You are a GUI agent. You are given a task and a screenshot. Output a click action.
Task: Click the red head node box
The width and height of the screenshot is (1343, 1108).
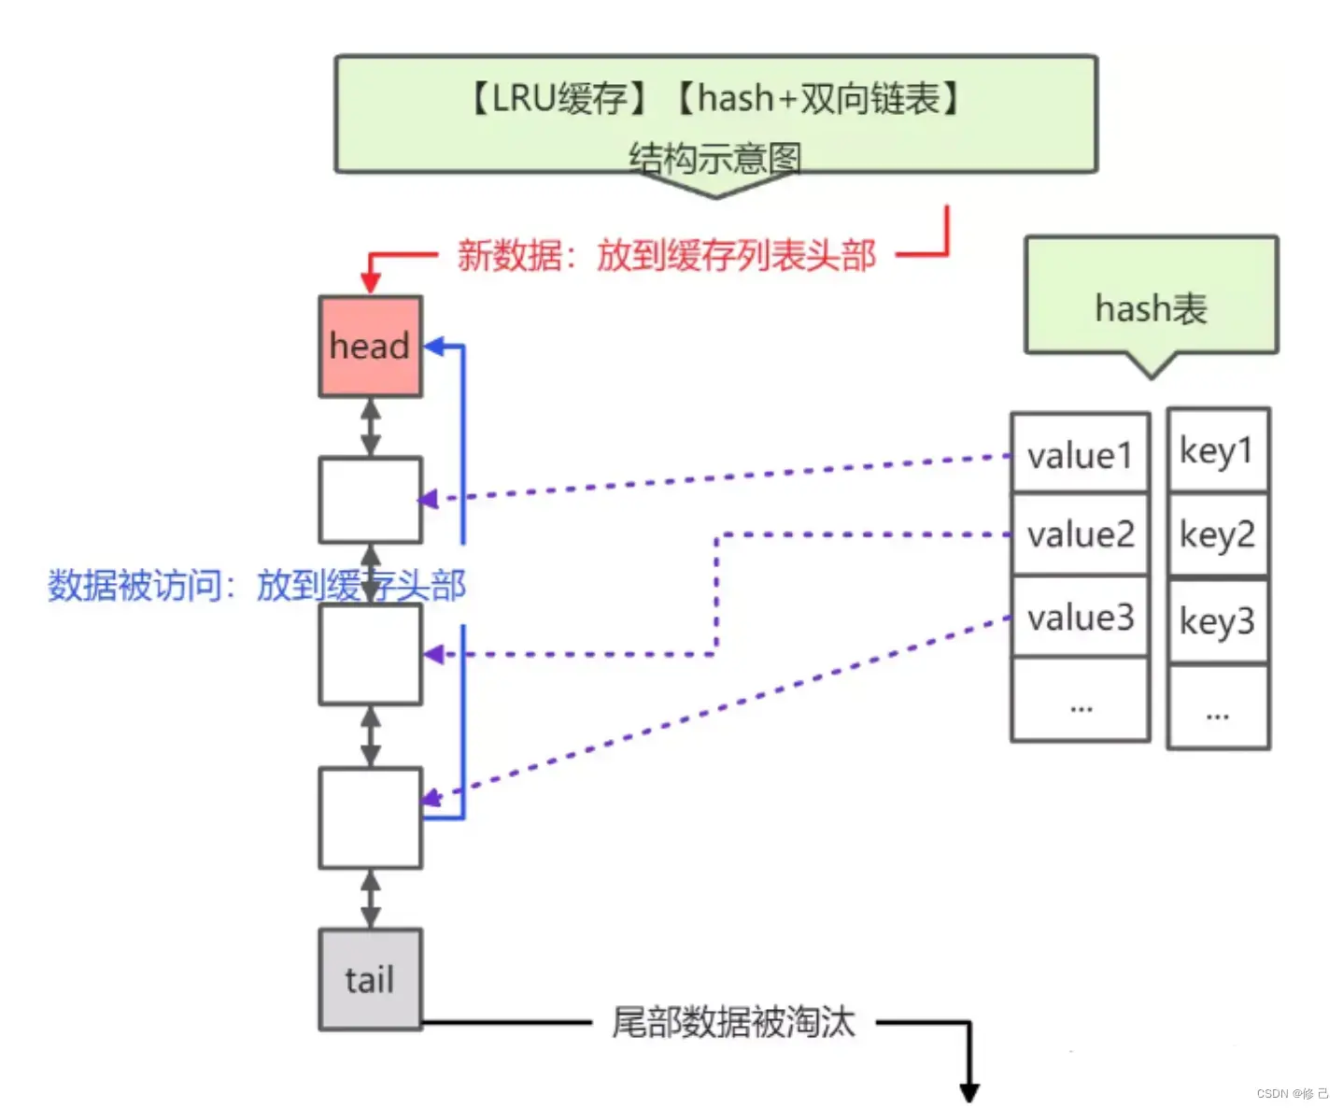[x=370, y=346]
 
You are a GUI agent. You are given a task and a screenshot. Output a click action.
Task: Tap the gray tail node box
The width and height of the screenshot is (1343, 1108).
[x=370, y=979]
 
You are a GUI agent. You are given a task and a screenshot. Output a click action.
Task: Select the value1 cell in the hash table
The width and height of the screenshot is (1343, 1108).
[x=1080, y=453]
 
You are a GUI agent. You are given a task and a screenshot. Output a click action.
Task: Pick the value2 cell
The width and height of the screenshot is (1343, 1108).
[x=1080, y=534]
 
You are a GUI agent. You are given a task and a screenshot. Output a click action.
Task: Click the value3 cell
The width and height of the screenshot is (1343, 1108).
[x=1080, y=617]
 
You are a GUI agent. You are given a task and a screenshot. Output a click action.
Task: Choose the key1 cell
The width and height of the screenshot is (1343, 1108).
[x=1218, y=449]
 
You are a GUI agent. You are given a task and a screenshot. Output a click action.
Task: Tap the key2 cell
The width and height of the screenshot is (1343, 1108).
[x=1218, y=534]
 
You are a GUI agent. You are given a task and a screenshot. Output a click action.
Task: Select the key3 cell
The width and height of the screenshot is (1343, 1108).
[x=1218, y=621]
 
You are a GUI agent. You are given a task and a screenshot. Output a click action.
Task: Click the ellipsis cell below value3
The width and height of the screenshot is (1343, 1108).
[x=1080, y=700]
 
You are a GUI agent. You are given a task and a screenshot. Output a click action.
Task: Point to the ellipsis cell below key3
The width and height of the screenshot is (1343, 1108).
[x=1218, y=706]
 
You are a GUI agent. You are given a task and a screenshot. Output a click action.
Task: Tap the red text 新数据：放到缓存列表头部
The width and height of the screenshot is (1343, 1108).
[x=666, y=255]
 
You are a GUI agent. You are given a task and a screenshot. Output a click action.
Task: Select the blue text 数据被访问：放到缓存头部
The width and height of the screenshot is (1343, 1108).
[x=257, y=585]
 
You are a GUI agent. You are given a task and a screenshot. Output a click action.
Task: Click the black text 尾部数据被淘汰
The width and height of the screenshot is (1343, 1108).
[x=733, y=1021]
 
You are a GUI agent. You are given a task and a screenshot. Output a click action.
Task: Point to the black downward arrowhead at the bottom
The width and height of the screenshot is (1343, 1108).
[x=968, y=1092]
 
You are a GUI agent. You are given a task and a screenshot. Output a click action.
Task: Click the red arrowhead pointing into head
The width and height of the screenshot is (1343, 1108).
[x=370, y=283]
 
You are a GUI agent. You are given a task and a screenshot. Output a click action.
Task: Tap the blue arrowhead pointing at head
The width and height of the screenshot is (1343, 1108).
[x=434, y=347]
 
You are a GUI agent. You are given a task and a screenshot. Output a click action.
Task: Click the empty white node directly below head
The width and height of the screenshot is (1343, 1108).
[x=370, y=499]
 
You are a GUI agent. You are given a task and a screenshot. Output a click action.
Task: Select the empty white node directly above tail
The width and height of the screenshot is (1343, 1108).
[x=370, y=817]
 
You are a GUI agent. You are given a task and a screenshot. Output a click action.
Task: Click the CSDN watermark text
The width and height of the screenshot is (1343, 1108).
[x=1292, y=1093]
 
